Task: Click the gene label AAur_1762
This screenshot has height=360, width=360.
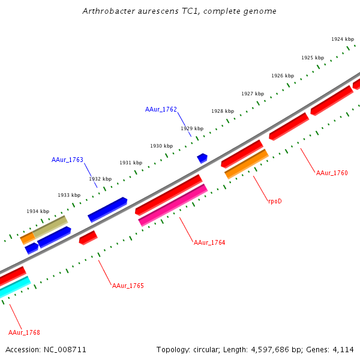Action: pyautogui.click(x=161, y=109)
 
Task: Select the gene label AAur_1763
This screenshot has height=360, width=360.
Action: pyautogui.click(x=67, y=160)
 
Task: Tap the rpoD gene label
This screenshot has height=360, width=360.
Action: pyautogui.click(x=274, y=201)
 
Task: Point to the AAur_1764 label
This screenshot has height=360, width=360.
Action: pyautogui.click(x=209, y=242)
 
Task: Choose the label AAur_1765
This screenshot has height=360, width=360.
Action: pyautogui.click(x=128, y=286)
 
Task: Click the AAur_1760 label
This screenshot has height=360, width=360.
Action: pyautogui.click(x=332, y=173)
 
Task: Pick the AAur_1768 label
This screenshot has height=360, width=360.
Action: pyautogui.click(x=24, y=332)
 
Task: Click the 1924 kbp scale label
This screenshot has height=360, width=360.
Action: pyautogui.click(x=343, y=39)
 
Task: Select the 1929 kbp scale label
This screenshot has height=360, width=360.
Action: pyautogui.click(x=192, y=128)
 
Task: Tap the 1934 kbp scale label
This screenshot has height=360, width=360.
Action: pyautogui.click(x=38, y=211)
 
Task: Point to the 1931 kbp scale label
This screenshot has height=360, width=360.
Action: pyautogui.click(x=131, y=163)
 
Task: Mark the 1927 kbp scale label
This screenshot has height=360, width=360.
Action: pyautogui.click(x=253, y=94)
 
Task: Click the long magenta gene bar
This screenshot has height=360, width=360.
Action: pyautogui.click(x=173, y=205)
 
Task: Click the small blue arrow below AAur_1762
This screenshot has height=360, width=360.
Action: pyautogui.click(x=202, y=158)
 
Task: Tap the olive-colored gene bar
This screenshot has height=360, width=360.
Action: pyautogui.click(x=50, y=226)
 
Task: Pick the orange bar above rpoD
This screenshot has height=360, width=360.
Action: pyautogui.click(x=247, y=164)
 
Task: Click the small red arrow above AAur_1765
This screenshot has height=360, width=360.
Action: pyautogui.click(x=88, y=238)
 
